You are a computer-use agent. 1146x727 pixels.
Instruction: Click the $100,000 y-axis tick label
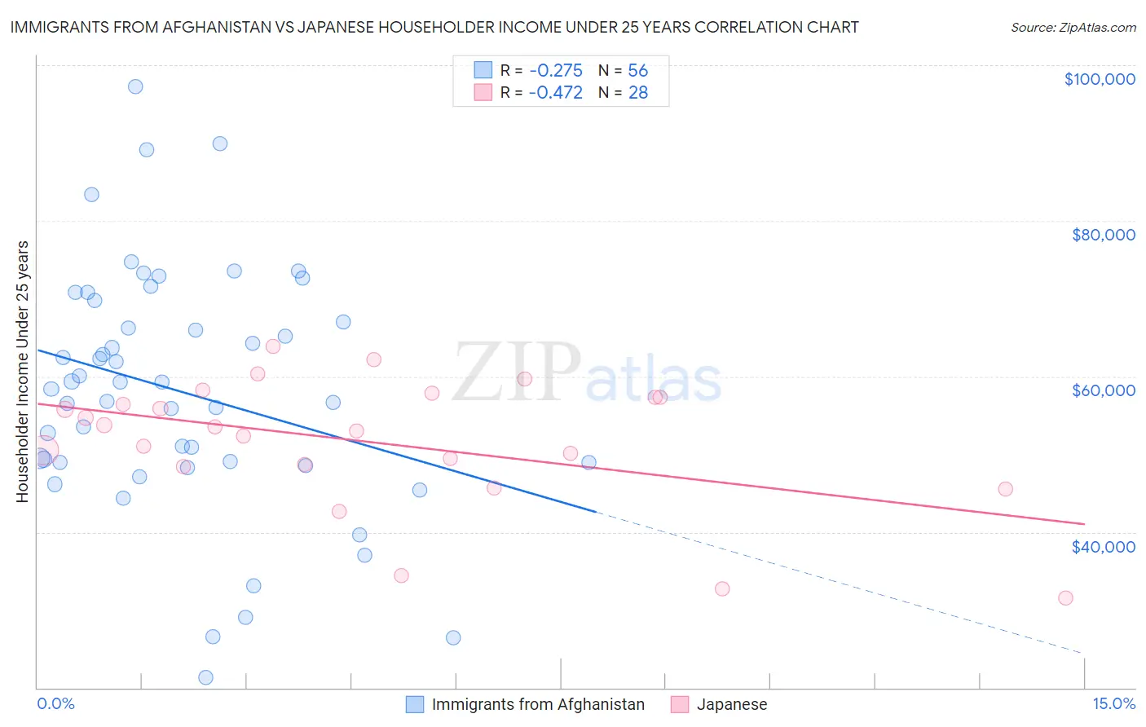click(x=1099, y=79)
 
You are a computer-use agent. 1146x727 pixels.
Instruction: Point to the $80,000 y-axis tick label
click(x=1103, y=235)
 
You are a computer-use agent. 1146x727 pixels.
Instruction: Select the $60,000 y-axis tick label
click(x=1103, y=390)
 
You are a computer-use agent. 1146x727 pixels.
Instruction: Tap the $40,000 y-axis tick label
click(x=1103, y=547)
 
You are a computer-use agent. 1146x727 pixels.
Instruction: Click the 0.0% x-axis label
click(x=55, y=703)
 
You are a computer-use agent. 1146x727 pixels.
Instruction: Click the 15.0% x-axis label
click(x=1113, y=703)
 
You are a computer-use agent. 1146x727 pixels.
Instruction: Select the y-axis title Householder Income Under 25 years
click(x=23, y=371)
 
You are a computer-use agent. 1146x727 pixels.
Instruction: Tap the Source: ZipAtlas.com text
click(x=1073, y=27)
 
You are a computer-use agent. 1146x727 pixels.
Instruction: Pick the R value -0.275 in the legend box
click(x=555, y=70)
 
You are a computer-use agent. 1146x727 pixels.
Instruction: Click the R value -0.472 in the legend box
click(x=555, y=92)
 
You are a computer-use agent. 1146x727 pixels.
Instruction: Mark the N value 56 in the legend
click(x=637, y=70)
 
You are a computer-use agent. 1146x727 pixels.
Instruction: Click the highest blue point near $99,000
click(x=135, y=86)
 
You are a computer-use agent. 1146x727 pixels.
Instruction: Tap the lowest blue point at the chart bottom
click(x=205, y=677)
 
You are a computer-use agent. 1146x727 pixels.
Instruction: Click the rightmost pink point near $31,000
click(x=1065, y=598)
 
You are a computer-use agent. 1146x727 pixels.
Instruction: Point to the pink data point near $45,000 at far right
click(x=1005, y=489)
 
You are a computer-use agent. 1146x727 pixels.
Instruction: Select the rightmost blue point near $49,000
click(x=588, y=462)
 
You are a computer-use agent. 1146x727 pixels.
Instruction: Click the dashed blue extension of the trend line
click(x=840, y=584)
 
